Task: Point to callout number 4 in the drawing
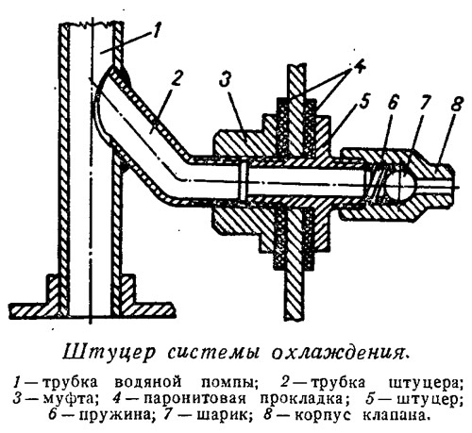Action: pyautogui.click(x=358, y=67)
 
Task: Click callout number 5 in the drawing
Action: pyautogui.click(x=362, y=102)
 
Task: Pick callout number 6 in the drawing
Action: pyautogui.click(x=391, y=102)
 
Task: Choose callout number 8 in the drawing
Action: pyautogui.click(x=456, y=101)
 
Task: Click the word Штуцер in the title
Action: pyautogui.click(x=109, y=352)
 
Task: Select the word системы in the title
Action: pyautogui.click(x=213, y=353)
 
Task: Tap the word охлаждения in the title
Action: pyautogui.click(x=341, y=353)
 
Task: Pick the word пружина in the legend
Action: pyautogui.click(x=115, y=416)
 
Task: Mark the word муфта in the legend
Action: pyautogui.click(x=68, y=399)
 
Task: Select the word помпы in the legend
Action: pyautogui.click(x=228, y=383)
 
